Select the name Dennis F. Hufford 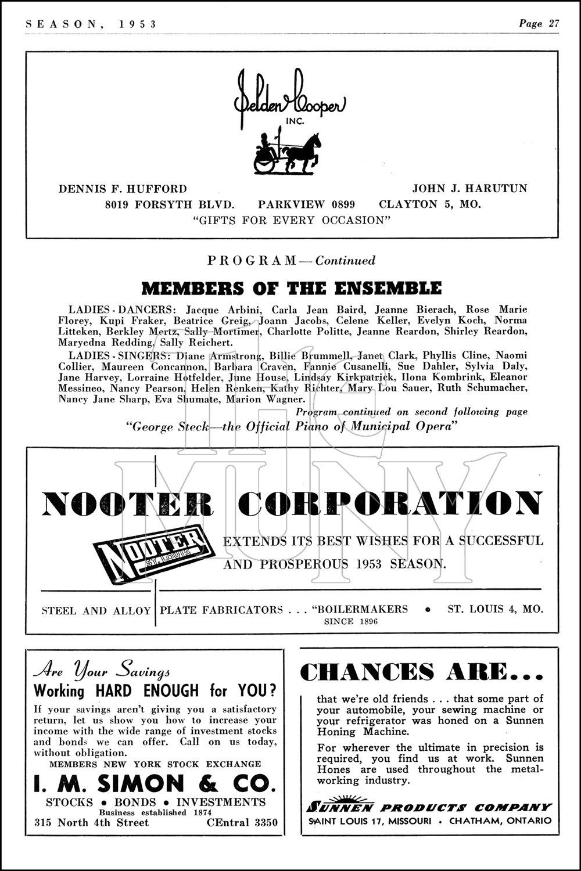click(x=123, y=189)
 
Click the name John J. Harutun click(x=470, y=189)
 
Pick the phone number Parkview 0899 click(x=306, y=204)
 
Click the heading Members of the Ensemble click(x=291, y=288)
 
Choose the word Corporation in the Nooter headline click(x=390, y=504)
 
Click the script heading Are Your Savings click(x=102, y=671)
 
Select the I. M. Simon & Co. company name click(x=155, y=784)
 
